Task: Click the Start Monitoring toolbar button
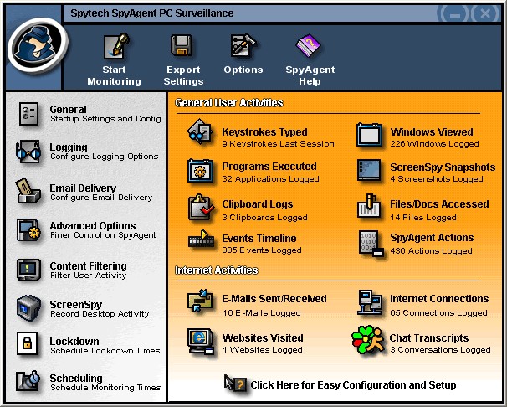(x=115, y=59)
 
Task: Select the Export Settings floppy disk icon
(x=182, y=45)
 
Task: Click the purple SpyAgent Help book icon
(x=308, y=45)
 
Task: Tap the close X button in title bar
(x=485, y=13)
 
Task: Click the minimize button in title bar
(x=455, y=14)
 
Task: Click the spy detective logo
(x=37, y=44)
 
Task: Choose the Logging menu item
(x=69, y=147)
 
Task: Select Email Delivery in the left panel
(x=83, y=188)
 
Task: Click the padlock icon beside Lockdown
(x=27, y=343)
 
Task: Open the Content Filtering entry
(x=89, y=266)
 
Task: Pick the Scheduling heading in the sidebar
(x=76, y=378)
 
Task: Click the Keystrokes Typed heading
(x=264, y=132)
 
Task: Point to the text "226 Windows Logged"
(x=434, y=144)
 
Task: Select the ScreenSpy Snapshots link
(x=443, y=167)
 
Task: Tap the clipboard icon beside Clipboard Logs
(x=201, y=208)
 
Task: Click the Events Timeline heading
(x=259, y=238)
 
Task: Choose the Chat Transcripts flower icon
(x=368, y=340)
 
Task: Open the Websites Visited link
(x=263, y=337)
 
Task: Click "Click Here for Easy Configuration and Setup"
(x=353, y=385)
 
